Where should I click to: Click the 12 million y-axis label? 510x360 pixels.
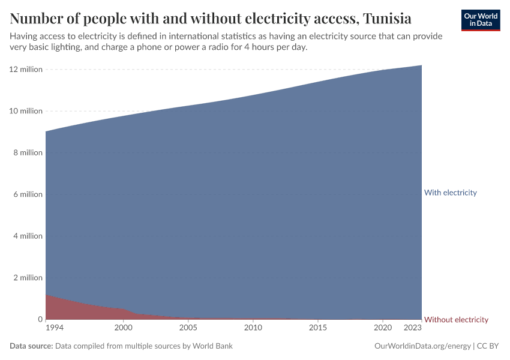[x=25, y=70]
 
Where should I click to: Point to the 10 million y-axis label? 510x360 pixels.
[x=25, y=111]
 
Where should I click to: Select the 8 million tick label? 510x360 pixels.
[x=27, y=153]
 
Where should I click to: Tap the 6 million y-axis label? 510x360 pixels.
[x=27, y=194]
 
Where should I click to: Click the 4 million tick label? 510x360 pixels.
[x=27, y=236]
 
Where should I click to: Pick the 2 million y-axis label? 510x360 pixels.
[x=27, y=278]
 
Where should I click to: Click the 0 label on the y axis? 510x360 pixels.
[x=40, y=320]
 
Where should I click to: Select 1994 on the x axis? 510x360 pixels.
[x=54, y=328]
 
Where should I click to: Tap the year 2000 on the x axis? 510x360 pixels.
[x=123, y=328]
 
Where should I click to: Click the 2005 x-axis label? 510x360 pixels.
[x=188, y=328]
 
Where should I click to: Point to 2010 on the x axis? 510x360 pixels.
[x=253, y=328]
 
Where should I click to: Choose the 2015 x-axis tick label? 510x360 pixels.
[x=318, y=328]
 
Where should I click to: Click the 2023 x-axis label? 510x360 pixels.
[x=413, y=328]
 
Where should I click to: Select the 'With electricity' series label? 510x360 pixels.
[x=450, y=193]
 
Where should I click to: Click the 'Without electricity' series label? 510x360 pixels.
[x=456, y=320]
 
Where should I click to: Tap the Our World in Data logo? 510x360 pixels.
[x=481, y=20]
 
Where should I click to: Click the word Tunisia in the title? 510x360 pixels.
[x=385, y=18]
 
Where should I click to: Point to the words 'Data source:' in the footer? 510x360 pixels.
[x=31, y=346]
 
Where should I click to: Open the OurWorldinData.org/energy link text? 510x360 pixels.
[x=422, y=346]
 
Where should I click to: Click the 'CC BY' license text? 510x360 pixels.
[x=488, y=346]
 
